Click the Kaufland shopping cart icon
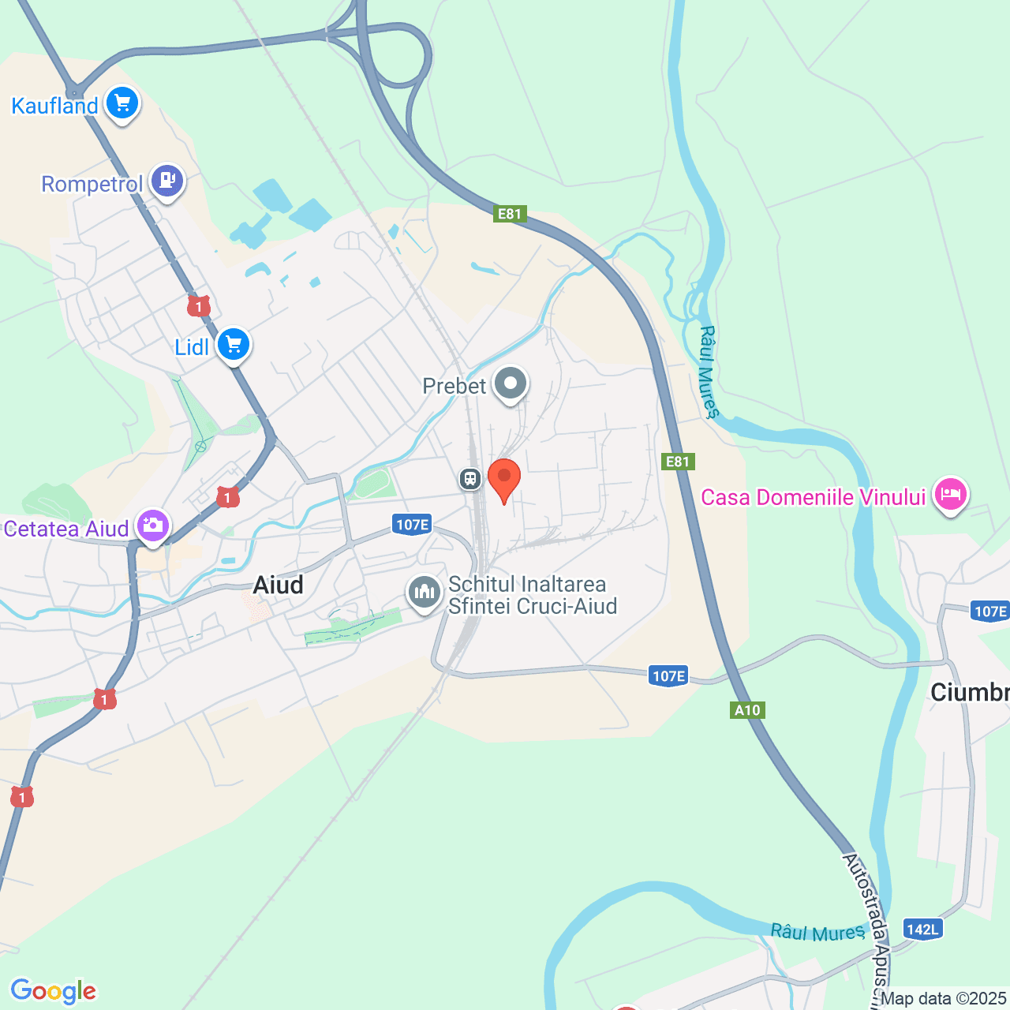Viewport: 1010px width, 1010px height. click(x=122, y=103)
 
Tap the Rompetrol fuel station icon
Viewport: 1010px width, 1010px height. click(x=166, y=181)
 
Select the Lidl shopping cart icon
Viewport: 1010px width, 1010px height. click(x=234, y=345)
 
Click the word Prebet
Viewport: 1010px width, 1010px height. click(x=454, y=386)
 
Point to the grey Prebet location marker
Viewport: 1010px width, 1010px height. click(x=511, y=384)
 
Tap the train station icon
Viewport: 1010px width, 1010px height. click(x=470, y=478)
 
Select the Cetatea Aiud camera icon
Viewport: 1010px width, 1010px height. click(x=152, y=526)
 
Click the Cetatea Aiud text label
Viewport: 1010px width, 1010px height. click(x=66, y=529)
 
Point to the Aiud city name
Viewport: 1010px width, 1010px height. click(x=278, y=585)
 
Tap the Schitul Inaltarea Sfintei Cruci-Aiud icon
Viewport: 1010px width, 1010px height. click(x=425, y=592)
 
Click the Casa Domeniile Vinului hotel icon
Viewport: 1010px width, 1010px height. click(x=951, y=495)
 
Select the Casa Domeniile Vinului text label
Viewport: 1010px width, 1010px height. click(x=813, y=497)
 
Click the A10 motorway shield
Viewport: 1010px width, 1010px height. click(x=747, y=710)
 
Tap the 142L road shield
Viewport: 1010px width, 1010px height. click(x=922, y=929)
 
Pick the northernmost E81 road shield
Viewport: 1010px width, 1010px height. click(x=510, y=214)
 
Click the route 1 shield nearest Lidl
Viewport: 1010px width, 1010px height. click(x=199, y=306)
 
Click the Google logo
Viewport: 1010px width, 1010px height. click(x=53, y=991)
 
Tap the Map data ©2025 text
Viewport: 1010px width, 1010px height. click(x=943, y=999)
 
